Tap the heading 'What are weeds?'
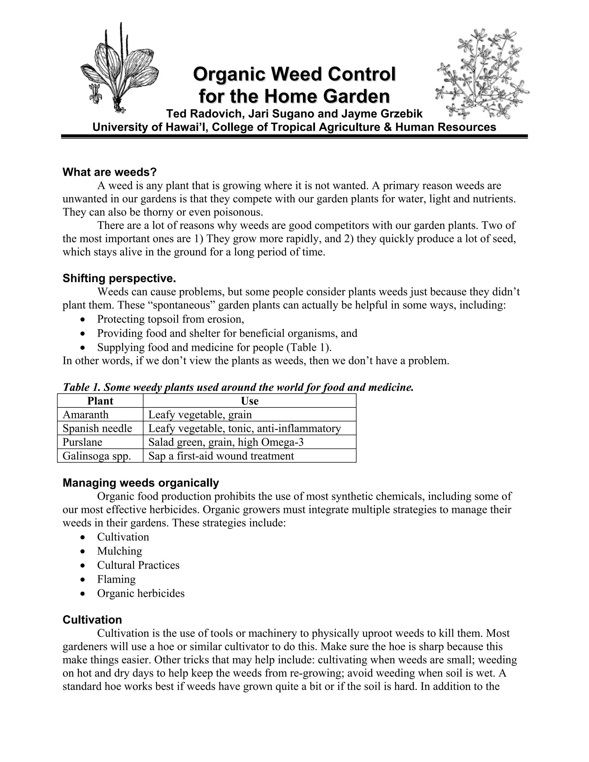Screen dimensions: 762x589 (110, 172)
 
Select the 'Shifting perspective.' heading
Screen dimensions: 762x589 (119, 278)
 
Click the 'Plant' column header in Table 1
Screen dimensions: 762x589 (100, 401)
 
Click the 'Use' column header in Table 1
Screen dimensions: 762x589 (249, 401)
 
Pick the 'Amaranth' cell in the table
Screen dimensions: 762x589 (85, 414)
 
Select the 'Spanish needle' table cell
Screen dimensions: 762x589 (97, 428)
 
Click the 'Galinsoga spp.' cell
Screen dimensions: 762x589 (97, 456)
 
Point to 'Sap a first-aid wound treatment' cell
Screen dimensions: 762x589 (221, 456)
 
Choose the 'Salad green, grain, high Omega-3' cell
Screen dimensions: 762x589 (226, 442)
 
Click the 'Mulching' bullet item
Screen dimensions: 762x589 (119, 551)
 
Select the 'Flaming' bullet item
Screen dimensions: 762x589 (116, 579)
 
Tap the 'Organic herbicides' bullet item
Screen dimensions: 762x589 (141, 593)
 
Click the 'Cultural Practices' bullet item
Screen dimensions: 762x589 (138, 565)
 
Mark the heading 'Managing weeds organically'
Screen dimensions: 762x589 (141, 483)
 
